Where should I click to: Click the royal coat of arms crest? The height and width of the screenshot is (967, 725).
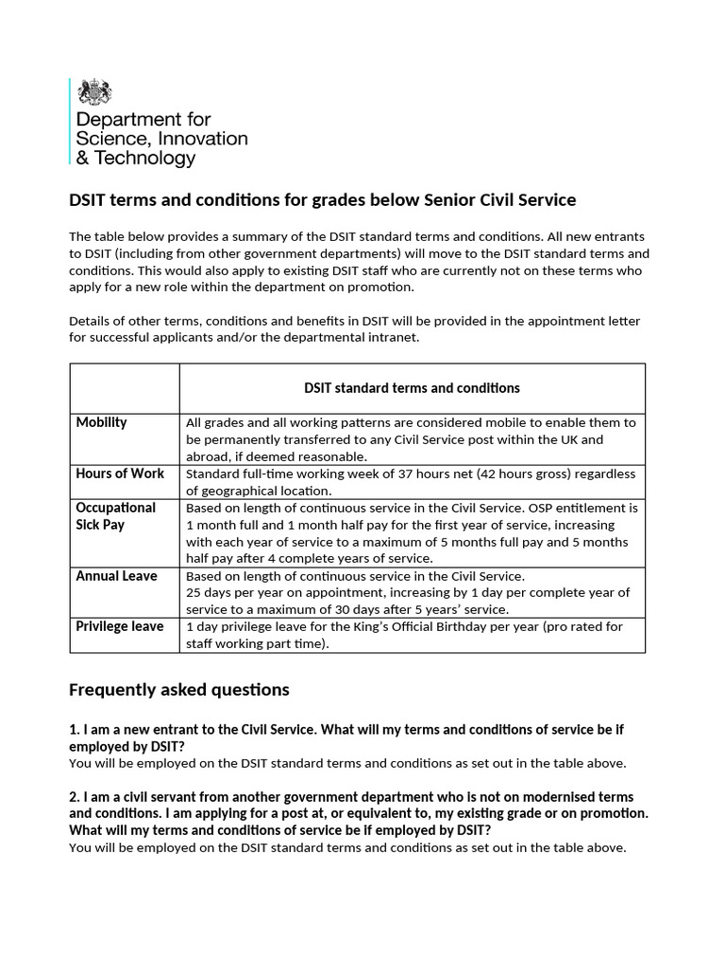pyautogui.click(x=94, y=93)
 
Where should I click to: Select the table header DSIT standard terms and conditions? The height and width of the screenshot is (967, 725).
pyautogui.click(x=412, y=388)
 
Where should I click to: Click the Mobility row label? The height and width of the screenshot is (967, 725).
pyautogui.click(x=101, y=422)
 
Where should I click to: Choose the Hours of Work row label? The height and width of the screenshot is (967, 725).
pyautogui.click(x=120, y=473)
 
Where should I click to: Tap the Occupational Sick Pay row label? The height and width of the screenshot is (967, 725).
pyautogui.click(x=115, y=516)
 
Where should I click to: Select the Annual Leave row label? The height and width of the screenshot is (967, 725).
pyautogui.click(x=116, y=575)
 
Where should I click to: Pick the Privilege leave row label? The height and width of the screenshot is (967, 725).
pyautogui.click(x=120, y=626)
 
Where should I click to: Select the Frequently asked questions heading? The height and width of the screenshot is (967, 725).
pyautogui.click(x=179, y=690)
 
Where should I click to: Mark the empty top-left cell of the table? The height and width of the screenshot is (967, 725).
pyautogui.click(x=125, y=388)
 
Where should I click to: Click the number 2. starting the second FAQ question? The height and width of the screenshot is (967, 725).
pyautogui.click(x=76, y=797)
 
